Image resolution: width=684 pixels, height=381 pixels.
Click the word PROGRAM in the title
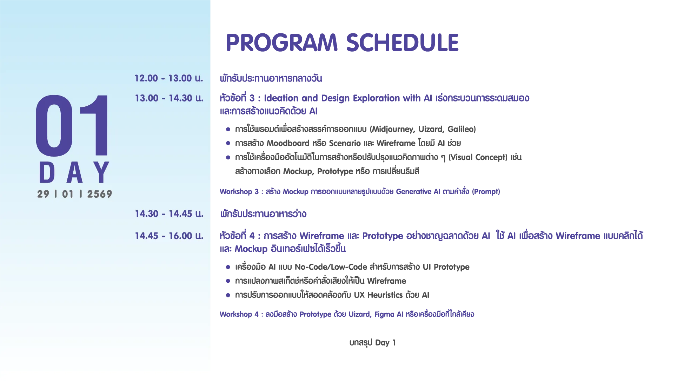[281, 42]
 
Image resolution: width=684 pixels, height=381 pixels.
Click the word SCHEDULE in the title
[403, 42]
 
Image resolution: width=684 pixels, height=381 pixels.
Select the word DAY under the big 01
[74, 172]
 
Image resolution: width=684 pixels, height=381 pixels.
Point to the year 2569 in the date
[100, 194]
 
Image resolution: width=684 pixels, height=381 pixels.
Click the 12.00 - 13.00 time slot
[169, 78]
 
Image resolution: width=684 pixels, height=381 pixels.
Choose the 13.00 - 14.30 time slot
[169, 98]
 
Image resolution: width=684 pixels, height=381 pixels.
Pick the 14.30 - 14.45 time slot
[169, 214]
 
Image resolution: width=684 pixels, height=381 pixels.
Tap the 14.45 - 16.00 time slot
[169, 236]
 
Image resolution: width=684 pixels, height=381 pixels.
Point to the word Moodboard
[288, 143]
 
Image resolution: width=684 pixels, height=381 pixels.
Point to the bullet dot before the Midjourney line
[228, 130]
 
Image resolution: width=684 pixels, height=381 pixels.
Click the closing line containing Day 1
[372, 343]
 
